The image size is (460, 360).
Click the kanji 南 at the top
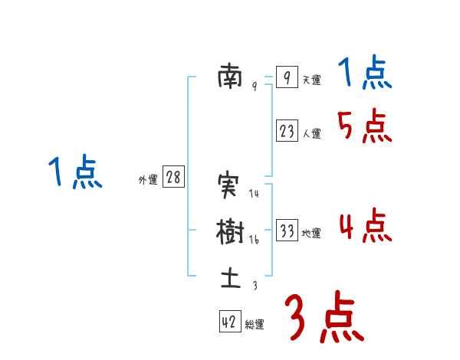(x=230, y=77)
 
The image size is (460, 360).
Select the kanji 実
(x=230, y=186)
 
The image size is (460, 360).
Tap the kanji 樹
(x=230, y=231)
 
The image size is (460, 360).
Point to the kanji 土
(x=230, y=277)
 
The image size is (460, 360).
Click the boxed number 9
(x=286, y=77)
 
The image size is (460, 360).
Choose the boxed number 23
(x=287, y=131)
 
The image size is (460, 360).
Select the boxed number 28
(x=173, y=178)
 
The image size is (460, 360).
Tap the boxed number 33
(x=287, y=231)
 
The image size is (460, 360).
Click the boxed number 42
(x=228, y=322)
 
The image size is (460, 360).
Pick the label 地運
(x=311, y=234)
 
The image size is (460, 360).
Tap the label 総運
(x=255, y=326)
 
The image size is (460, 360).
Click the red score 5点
(x=365, y=127)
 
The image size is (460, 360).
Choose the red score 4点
(x=365, y=226)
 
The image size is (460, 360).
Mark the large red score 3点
(x=324, y=316)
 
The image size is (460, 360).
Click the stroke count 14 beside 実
(x=255, y=194)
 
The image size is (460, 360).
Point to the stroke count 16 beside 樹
(x=255, y=239)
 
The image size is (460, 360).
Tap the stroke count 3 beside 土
(x=255, y=286)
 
